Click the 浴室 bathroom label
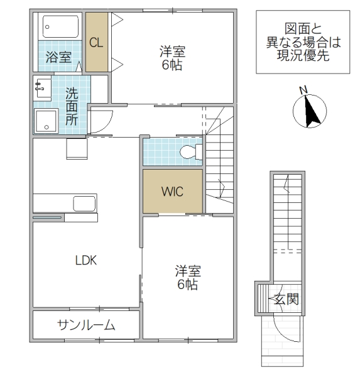pos(58,58)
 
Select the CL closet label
pos(96,43)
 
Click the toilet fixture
pos(190,151)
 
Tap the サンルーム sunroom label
pos(86,325)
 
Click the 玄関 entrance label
pos(286,300)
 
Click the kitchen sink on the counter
pos(84,204)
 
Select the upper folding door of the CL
pos(116,23)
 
